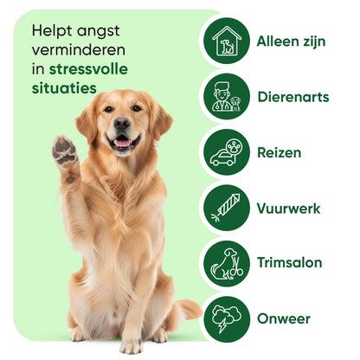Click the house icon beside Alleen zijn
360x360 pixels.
point(226,42)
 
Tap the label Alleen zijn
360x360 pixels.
point(291,42)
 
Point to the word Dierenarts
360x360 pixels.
point(292,97)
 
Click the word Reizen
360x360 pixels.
point(279,152)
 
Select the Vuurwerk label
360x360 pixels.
point(288,208)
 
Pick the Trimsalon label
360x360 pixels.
point(289,263)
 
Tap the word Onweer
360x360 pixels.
point(282,318)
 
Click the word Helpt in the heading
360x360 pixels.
point(49,30)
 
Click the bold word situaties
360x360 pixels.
point(63,88)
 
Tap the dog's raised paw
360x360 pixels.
point(64,151)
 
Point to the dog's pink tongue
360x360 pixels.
point(122,143)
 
